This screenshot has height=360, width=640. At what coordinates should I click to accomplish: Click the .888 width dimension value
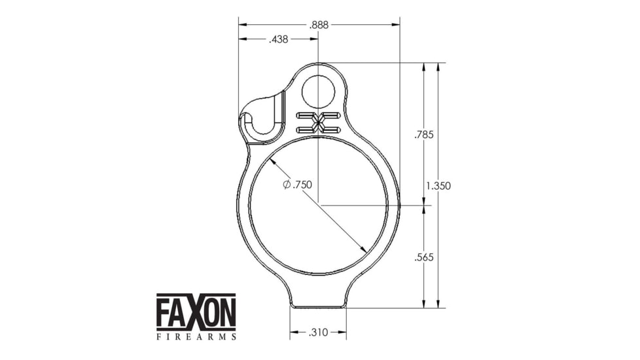click(x=318, y=25)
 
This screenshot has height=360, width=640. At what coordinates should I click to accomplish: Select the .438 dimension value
click(x=279, y=40)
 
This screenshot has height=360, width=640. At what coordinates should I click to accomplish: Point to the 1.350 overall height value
click(x=438, y=186)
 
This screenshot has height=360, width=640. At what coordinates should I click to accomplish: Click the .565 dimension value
click(x=424, y=257)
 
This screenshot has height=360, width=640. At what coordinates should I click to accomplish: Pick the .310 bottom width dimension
click(x=318, y=333)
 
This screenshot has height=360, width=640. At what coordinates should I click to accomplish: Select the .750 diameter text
click(x=302, y=185)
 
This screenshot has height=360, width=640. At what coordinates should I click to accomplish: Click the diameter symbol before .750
click(x=287, y=185)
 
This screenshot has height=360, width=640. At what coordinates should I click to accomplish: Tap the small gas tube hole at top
click(x=318, y=91)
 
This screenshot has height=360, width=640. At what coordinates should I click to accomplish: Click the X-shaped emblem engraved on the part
click(x=318, y=122)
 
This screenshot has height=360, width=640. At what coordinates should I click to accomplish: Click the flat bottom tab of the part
click(x=318, y=304)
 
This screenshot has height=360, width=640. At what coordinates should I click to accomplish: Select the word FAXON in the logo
click(x=196, y=313)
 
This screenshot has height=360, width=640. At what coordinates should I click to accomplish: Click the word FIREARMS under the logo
click(x=196, y=336)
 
